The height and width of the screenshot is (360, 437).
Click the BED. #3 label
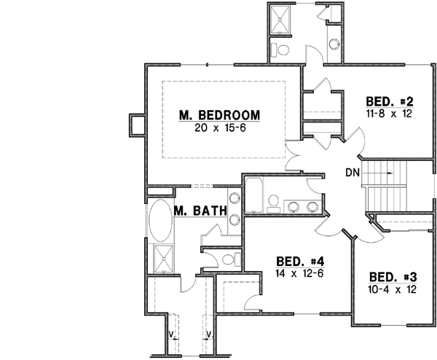click(x=393, y=277)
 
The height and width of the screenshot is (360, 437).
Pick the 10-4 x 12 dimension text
click(x=393, y=289)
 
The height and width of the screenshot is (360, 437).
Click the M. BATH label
click(x=198, y=212)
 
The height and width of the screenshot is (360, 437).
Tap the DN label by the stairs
click(x=352, y=173)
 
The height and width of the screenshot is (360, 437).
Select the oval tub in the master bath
click(x=159, y=220)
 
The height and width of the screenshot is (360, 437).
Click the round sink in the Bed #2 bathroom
click(x=336, y=43)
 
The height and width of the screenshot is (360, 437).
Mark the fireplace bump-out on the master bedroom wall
click(x=136, y=125)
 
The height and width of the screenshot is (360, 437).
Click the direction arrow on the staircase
click(x=394, y=173)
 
